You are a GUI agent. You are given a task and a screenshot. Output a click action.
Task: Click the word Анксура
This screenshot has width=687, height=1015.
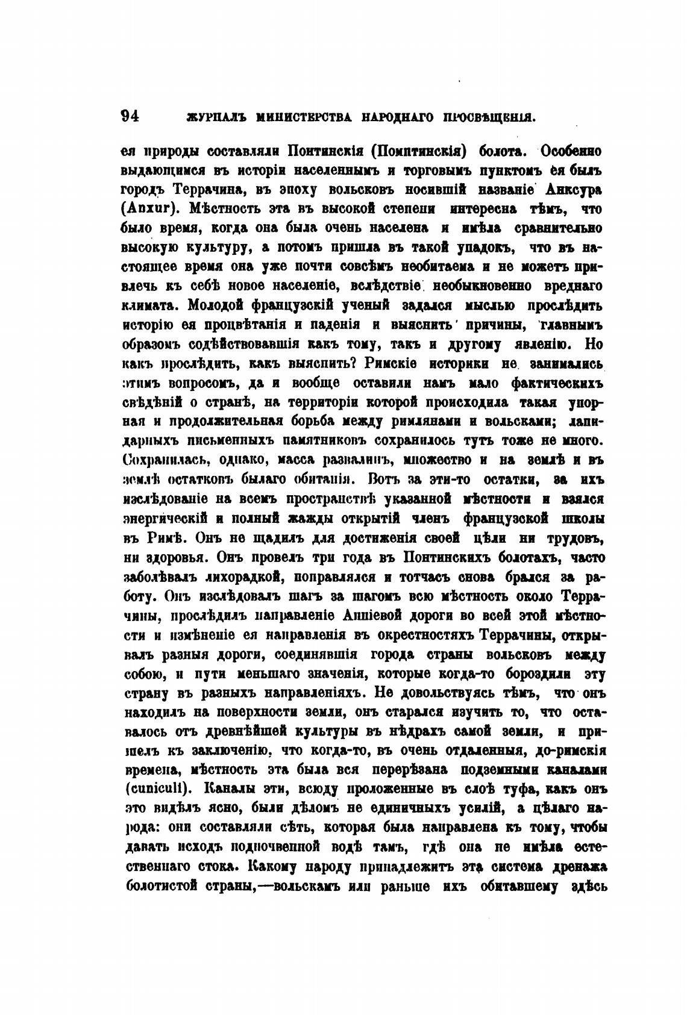(574, 189)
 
